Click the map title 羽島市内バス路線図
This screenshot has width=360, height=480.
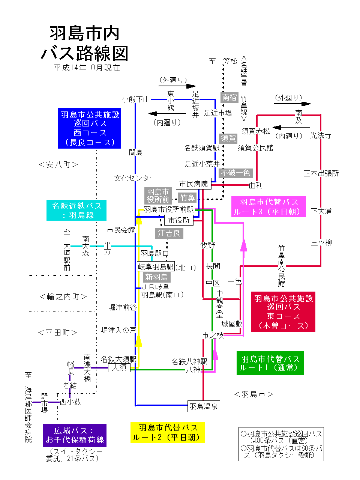point(85,44)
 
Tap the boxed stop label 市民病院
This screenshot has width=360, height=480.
point(193,184)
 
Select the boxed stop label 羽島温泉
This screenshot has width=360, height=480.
point(203,406)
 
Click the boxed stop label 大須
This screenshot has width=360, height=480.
point(119,367)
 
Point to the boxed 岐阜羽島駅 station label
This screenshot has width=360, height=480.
point(156,266)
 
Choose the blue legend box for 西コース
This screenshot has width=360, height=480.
point(90,128)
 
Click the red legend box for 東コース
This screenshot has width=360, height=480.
point(283,312)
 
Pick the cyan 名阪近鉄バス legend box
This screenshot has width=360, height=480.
point(76,210)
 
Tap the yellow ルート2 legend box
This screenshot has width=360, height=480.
point(168,432)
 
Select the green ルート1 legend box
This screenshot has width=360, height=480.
point(270,363)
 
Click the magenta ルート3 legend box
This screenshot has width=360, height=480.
point(268,207)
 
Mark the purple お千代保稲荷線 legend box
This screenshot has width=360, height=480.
point(75,435)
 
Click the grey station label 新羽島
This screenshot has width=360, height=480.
point(157,277)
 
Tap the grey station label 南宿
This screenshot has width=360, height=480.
point(229,98)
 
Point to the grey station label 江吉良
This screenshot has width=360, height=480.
point(169,233)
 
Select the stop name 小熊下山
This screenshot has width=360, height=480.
point(135,99)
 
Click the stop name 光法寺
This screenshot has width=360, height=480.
point(321,135)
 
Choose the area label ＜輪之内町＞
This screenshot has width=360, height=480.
point(63,296)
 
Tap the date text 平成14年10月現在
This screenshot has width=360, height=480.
point(87,68)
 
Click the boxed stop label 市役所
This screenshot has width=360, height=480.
point(179,220)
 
